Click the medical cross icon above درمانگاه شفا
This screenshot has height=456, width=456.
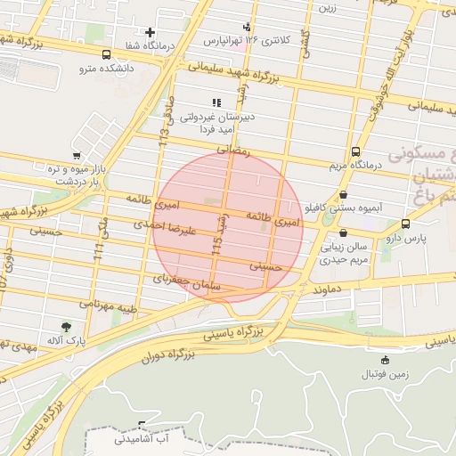150,33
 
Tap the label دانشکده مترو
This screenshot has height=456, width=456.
105,68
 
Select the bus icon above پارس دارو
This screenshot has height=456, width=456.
406,224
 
